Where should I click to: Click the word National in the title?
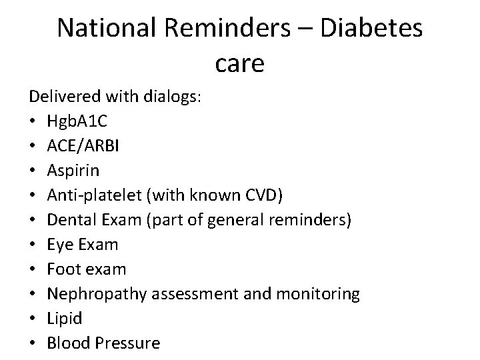point(99,29)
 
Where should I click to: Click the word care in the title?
point(240,64)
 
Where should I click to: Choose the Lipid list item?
point(65,319)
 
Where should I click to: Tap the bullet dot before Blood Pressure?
point(33,343)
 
